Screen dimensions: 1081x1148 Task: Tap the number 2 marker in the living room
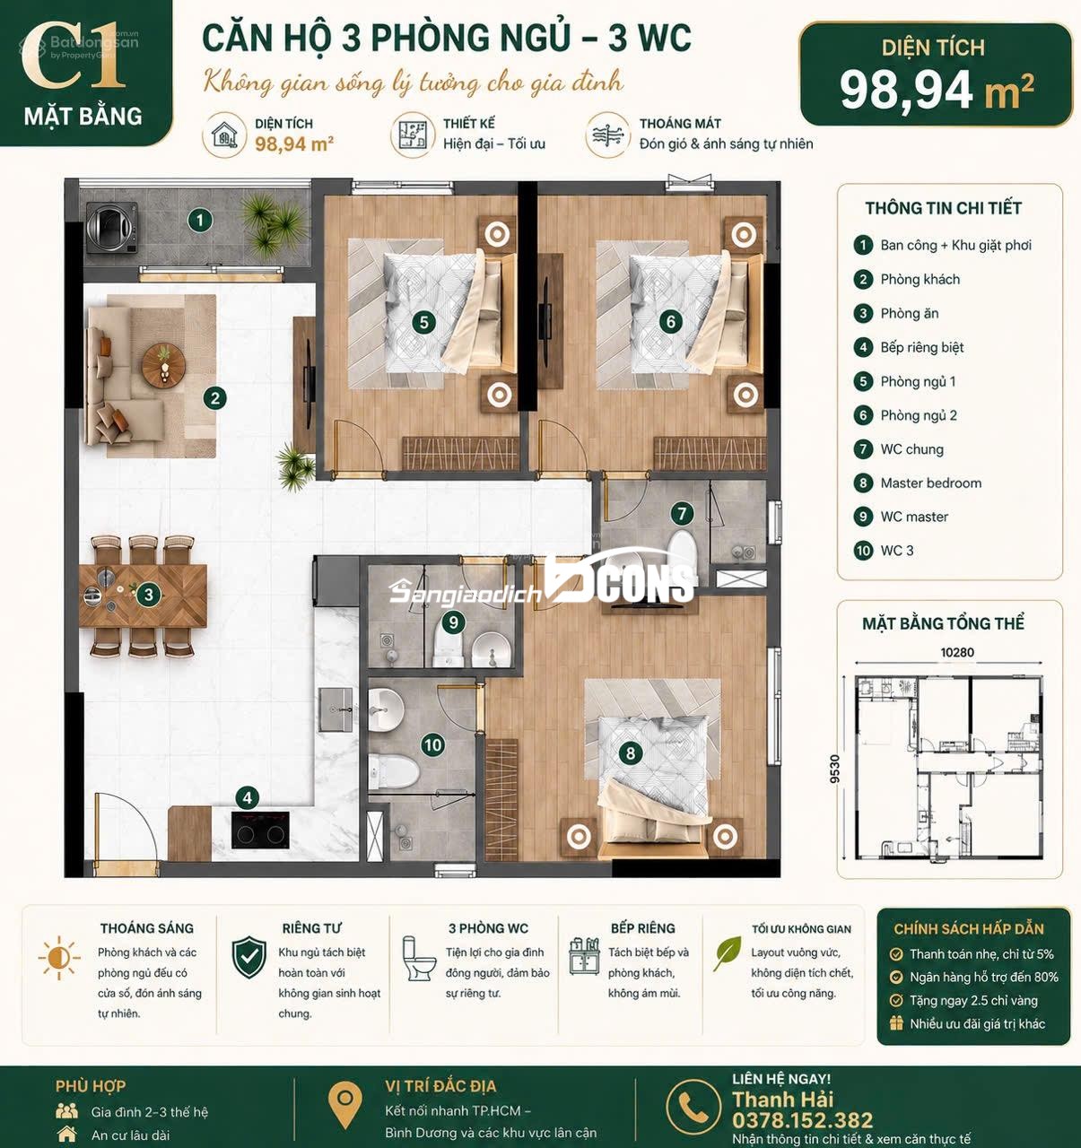point(215,398)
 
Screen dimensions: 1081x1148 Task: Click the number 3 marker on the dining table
point(149,595)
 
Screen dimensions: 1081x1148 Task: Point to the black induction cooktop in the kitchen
point(260,831)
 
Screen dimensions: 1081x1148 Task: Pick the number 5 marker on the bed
point(424,322)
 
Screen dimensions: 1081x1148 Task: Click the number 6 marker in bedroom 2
point(671,321)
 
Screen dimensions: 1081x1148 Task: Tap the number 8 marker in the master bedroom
point(631,753)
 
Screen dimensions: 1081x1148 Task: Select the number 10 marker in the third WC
point(432,745)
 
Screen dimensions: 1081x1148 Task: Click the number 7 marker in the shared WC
point(682,513)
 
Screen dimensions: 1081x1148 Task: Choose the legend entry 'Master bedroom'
point(930,483)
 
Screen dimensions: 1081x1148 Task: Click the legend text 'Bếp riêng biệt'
point(922,347)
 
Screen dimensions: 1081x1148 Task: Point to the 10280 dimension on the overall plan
point(957,652)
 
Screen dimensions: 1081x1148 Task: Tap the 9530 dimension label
point(834,769)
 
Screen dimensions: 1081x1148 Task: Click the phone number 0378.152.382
point(802,1120)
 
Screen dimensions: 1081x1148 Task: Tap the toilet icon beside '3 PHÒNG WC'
point(417,959)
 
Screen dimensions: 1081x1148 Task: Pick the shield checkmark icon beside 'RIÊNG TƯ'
point(249,957)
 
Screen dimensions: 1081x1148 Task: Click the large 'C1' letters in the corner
point(74,57)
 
